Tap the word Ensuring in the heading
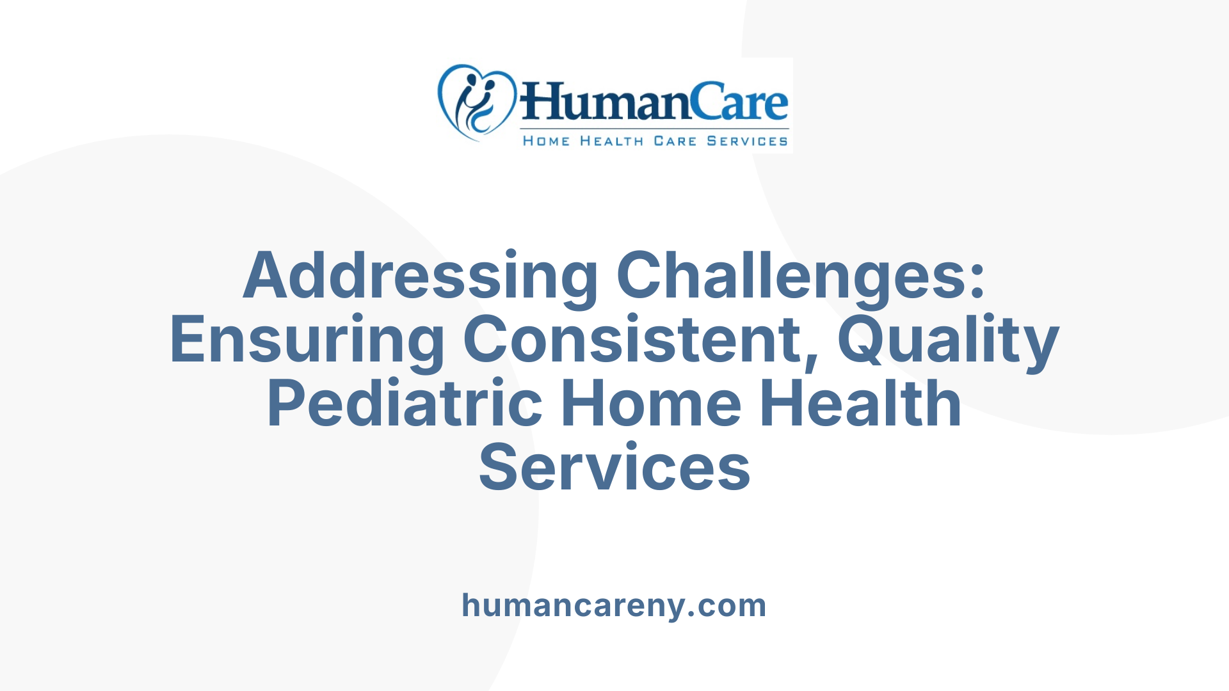click(307, 340)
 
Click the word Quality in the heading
click(948, 340)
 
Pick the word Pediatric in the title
click(405, 404)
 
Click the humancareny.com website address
click(614, 605)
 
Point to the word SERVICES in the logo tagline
click(747, 141)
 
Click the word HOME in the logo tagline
click(546, 141)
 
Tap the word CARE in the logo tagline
click(675, 141)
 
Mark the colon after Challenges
click(977, 282)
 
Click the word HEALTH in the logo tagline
click(611, 141)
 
